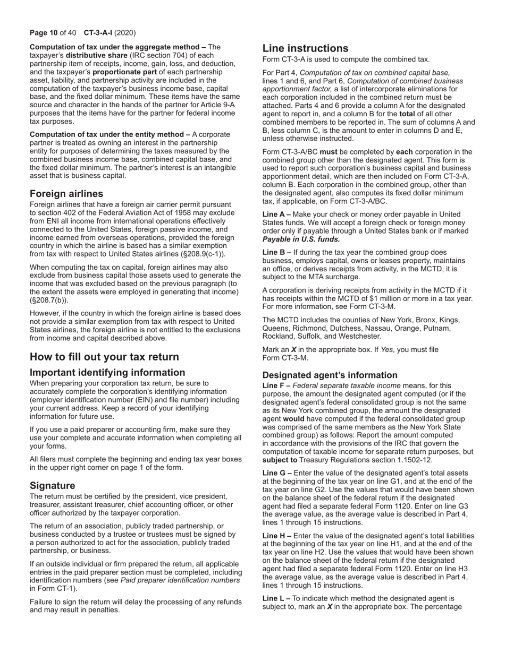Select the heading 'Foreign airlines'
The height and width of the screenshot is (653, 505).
click(x=66, y=193)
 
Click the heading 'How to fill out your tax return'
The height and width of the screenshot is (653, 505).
click(x=104, y=356)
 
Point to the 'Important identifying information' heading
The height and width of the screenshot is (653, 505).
click(x=107, y=372)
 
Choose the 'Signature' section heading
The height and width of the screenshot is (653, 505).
click(x=53, y=485)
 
